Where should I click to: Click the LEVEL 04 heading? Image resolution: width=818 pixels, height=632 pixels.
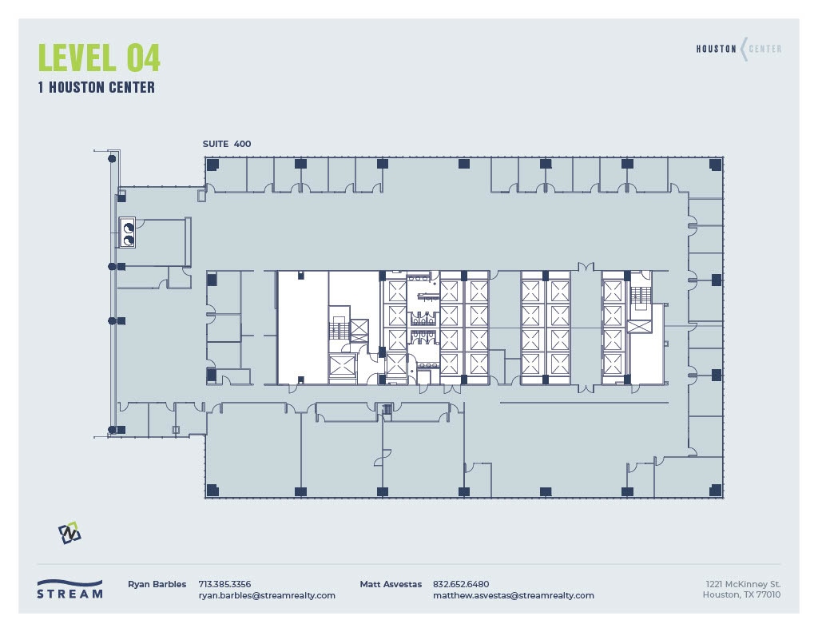[99, 58]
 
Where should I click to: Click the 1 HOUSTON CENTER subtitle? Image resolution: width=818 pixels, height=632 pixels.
[96, 88]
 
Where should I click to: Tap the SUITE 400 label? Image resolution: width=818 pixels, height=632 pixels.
[227, 144]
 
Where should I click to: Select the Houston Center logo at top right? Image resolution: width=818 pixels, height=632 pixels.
[738, 49]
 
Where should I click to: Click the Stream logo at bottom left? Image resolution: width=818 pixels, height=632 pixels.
[69, 589]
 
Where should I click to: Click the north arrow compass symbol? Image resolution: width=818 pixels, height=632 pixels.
[69, 532]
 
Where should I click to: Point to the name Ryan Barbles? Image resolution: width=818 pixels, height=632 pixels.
[157, 584]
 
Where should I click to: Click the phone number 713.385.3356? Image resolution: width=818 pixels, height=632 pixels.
[224, 584]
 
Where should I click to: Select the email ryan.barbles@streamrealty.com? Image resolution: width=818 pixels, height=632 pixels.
[267, 595]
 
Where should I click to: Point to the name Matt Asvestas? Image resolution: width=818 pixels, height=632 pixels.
[391, 584]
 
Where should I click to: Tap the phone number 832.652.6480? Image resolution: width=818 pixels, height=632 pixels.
[461, 584]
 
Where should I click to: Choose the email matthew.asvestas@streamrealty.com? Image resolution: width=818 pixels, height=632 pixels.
[513, 595]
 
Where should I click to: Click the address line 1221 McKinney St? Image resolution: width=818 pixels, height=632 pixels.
[743, 584]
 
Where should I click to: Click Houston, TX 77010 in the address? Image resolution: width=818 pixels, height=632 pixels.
[741, 595]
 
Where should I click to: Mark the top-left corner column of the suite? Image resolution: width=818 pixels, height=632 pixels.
[212, 164]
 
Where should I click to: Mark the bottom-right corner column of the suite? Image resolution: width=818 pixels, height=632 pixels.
[716, 490]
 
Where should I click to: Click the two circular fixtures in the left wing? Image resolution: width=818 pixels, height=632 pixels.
[128, 232]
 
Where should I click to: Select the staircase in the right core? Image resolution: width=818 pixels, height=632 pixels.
[641, 296]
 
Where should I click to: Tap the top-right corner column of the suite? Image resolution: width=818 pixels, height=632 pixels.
[716, 164]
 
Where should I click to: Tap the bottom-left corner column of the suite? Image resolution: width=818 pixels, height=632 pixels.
[212, 490]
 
